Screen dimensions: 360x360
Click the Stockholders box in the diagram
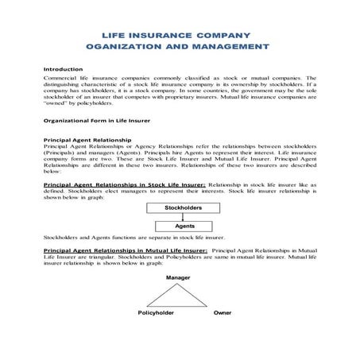pyautogui.click(x=183, y=207)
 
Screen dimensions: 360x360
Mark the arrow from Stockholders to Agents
pyautogui.click(x=184, y=216)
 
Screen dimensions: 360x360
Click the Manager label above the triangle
pyautogui.click(x=176, y=277)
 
